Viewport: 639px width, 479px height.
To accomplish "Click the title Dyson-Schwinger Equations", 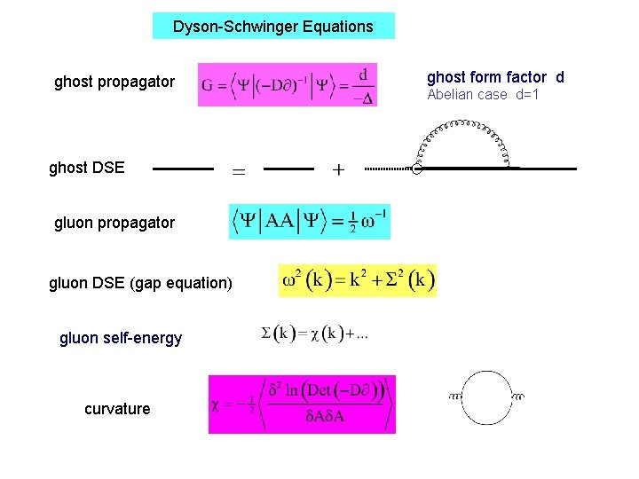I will tap(272, 27).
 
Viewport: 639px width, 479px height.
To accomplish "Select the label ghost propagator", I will tap(114, 82).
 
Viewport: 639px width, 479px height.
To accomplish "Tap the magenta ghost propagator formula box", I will tap(288, 85).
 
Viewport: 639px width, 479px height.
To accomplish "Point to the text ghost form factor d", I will tap(495, 77).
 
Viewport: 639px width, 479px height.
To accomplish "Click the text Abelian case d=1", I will tap(483, 95).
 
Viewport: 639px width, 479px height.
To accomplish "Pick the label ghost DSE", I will tap(87, 168).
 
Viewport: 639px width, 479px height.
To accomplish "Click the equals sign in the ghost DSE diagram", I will tap(239, 170).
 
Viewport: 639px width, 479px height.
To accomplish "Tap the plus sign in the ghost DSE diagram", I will tap(338, 169).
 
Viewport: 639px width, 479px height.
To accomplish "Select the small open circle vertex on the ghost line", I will tap(416, 169).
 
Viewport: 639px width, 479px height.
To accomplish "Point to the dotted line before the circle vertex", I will tap(387, 169).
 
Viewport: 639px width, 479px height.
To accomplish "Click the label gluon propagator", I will tap(114, 223).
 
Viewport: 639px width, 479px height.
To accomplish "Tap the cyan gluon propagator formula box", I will tap(309, 222).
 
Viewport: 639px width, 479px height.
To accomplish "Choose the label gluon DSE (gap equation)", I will tap(140, 283).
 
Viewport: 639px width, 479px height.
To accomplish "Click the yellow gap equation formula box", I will tap(358, 280).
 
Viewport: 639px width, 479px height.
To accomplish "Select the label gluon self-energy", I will tap(121, 338).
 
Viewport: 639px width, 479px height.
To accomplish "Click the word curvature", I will tap(117, 409).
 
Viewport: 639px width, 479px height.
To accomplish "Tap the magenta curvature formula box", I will tap(302, 404).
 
